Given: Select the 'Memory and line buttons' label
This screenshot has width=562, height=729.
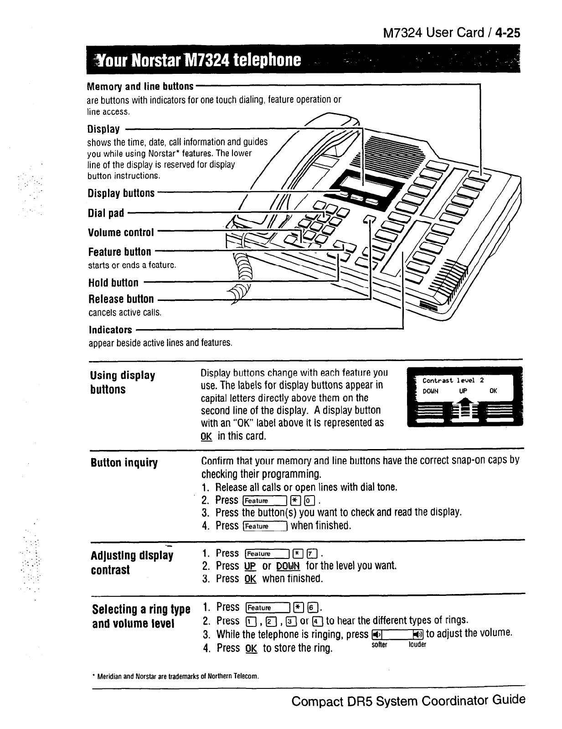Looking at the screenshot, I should tap(140, 86).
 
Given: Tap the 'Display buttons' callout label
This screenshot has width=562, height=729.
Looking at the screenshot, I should tap(121, 193).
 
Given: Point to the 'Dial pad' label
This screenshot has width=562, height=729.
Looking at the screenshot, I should tap(106, 213).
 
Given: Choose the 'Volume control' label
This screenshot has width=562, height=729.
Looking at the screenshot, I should tap(121, 233).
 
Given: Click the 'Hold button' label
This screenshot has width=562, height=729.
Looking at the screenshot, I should tap(113, 283).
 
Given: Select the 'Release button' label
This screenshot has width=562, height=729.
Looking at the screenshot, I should tap(121, 299).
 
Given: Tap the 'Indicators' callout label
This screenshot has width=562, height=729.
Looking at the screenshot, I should tap(110, 330).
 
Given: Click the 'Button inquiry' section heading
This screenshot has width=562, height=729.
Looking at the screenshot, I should tap(124, 463).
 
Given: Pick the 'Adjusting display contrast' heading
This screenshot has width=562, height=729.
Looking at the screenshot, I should tap(132, 563).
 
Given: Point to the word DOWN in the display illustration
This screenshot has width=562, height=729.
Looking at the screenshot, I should tap(430, 391).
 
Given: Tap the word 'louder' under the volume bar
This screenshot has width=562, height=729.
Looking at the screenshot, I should tap(417, 645).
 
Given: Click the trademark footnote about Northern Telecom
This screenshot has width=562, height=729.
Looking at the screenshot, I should tap(175, 676).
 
